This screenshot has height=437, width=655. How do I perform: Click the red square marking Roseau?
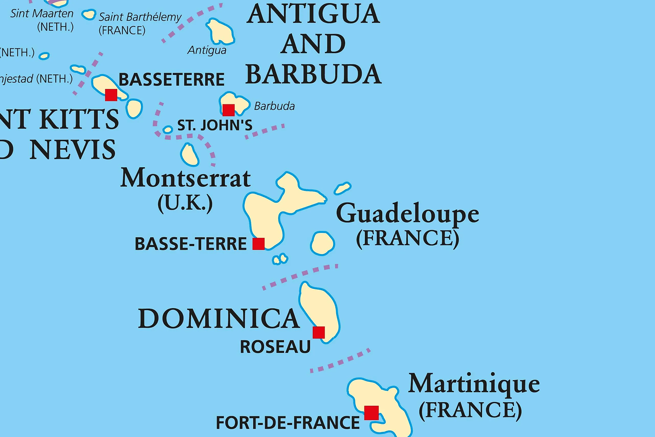319,332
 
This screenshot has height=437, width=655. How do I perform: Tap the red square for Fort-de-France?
371,413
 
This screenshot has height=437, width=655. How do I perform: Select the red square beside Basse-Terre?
258,244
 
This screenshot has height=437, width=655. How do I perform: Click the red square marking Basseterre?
111,95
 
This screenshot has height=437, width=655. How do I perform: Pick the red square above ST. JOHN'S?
228,110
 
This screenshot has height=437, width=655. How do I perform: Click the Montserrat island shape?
189,155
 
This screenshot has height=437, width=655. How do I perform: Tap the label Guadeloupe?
407,213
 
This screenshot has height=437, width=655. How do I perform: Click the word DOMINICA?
219,318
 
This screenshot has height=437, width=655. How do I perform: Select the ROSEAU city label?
275,347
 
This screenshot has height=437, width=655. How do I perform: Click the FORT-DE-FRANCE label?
288,423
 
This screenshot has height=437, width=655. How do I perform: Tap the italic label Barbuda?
274,106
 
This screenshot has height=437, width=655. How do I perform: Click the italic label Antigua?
207,50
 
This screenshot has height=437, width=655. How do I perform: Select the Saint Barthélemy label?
140,17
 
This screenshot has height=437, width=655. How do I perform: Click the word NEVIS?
72,150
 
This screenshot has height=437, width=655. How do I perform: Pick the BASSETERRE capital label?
171,80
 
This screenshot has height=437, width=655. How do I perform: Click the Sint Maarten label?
42,13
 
